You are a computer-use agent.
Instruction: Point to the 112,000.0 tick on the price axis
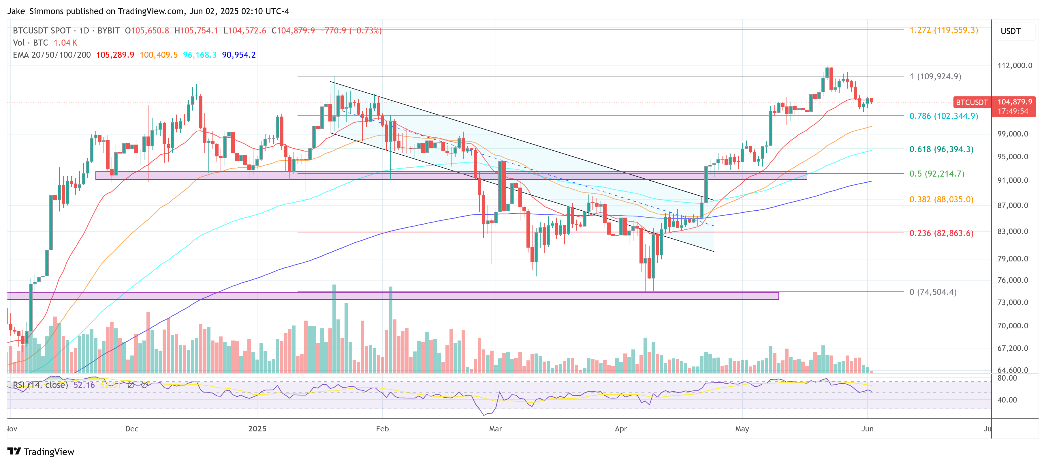click(x=1014, y=66)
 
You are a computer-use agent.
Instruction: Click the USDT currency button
click(x=1010, y=31)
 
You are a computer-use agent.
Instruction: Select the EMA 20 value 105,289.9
click(x=115, y=55)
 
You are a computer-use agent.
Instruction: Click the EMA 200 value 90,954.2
click(x=239, y=55)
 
